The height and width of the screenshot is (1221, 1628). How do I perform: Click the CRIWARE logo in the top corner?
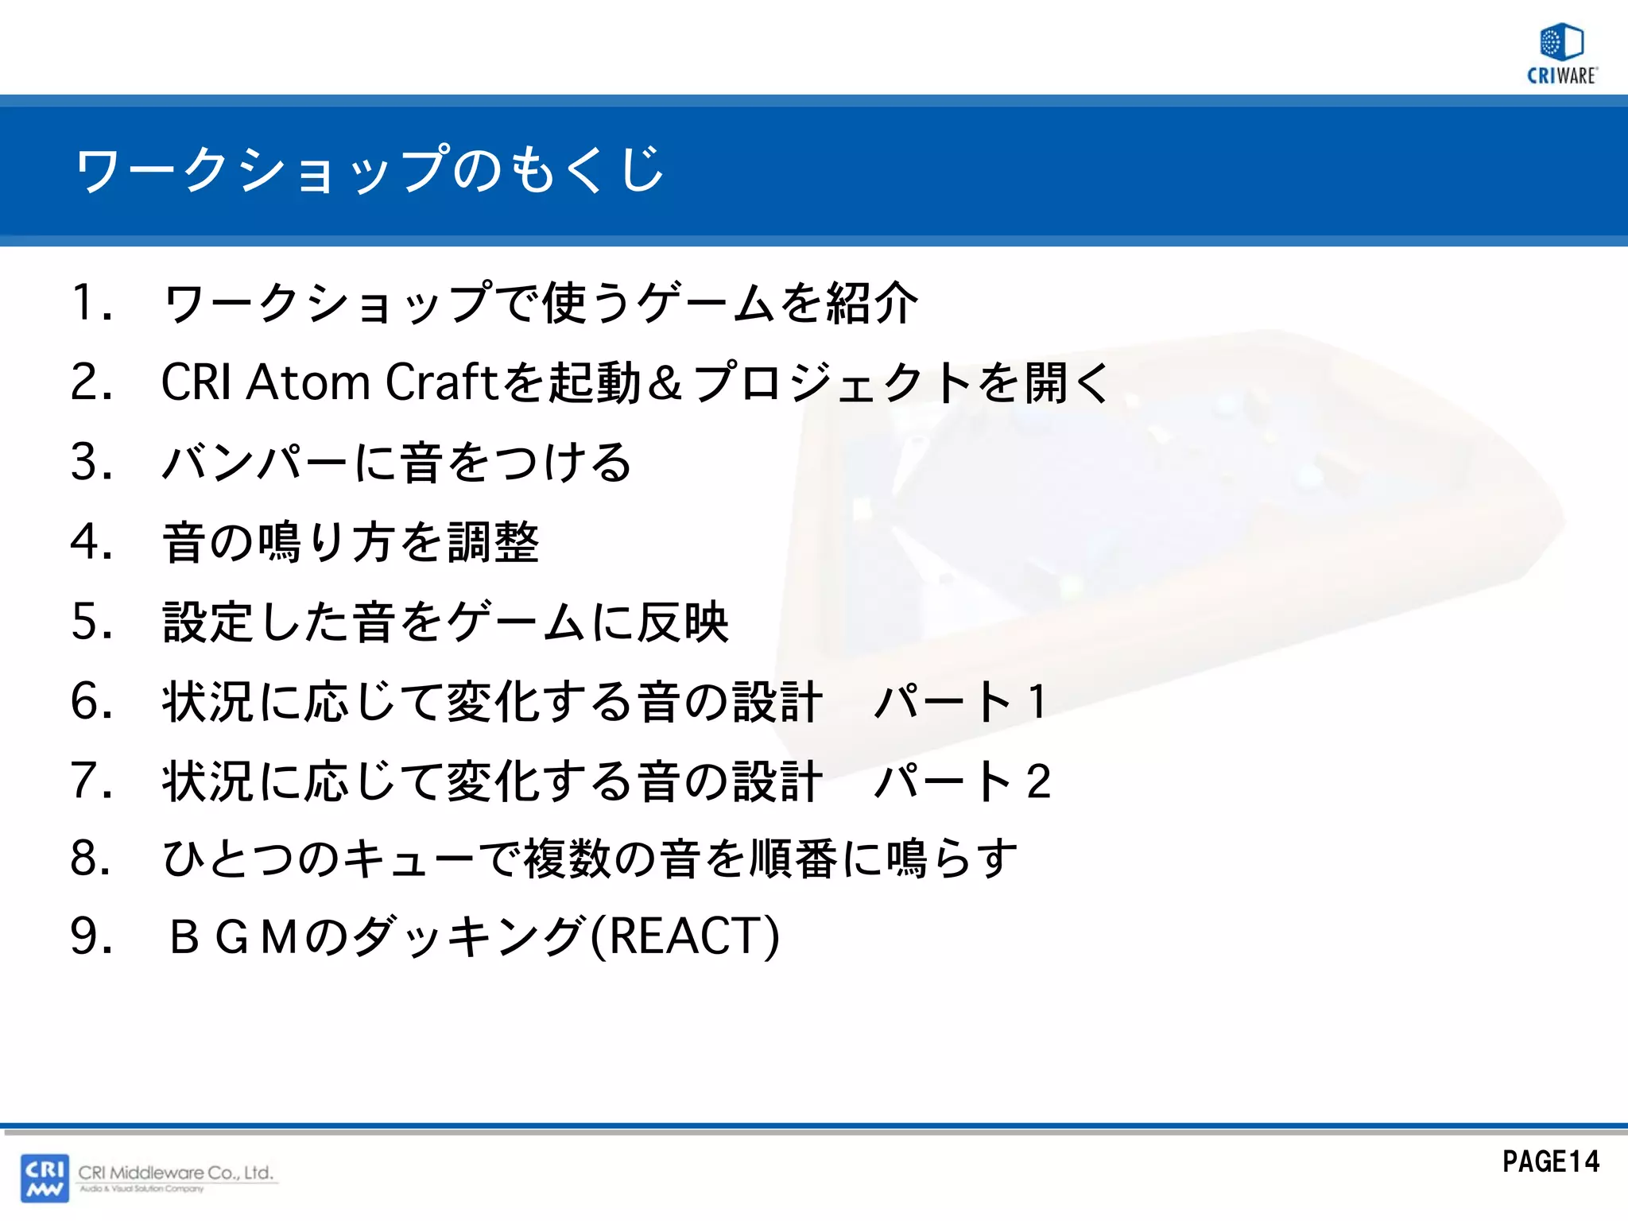tap(1561, 54)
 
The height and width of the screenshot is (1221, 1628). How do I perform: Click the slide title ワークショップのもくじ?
tap(369, 169)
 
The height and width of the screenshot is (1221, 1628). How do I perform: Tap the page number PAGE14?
tap(1550, 1161)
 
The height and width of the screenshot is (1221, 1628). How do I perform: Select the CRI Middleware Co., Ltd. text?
tap(176, 1173)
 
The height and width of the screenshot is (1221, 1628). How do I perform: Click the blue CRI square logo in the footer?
tap(45, 1177)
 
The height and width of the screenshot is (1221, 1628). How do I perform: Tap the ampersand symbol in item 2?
tap(665, 382)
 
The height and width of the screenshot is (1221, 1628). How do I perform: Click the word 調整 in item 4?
tap(493, 542)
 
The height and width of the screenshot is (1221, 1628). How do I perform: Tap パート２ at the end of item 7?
tap(962, 781)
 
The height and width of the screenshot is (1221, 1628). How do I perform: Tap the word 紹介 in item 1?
tap(872, 304)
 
